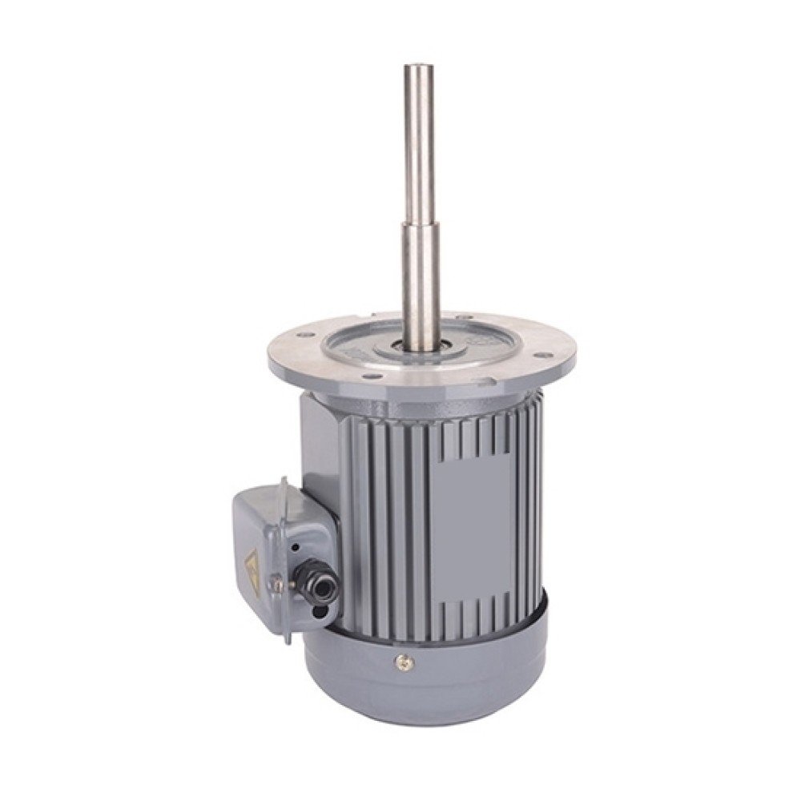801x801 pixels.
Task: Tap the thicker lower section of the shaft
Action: tap(417, 288)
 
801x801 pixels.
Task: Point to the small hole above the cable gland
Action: tap(296, 547)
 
